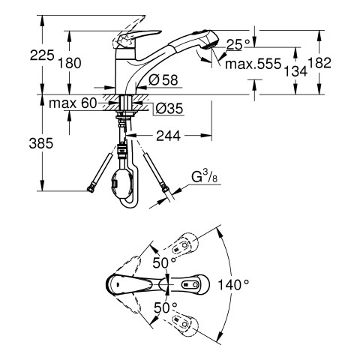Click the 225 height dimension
tap(42, 55)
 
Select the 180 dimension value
tap(70, 63)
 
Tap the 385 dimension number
tap(41, 143)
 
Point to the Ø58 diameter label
tap(163, 80)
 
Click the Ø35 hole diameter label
tap(169, 109)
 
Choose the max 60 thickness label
tap(73, 103)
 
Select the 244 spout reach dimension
tap(168, 136)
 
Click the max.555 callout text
tap(253, 64)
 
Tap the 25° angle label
tap(238, 45)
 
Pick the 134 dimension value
tap(295, 71)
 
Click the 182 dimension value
tap(319, 63)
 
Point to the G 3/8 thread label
tap(205, 177)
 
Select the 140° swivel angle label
tap(233, 284)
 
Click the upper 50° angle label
tap(164, 262)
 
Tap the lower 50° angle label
tap(165, 307)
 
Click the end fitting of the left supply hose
tap(91, 190)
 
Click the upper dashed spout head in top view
tap(184, 245)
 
